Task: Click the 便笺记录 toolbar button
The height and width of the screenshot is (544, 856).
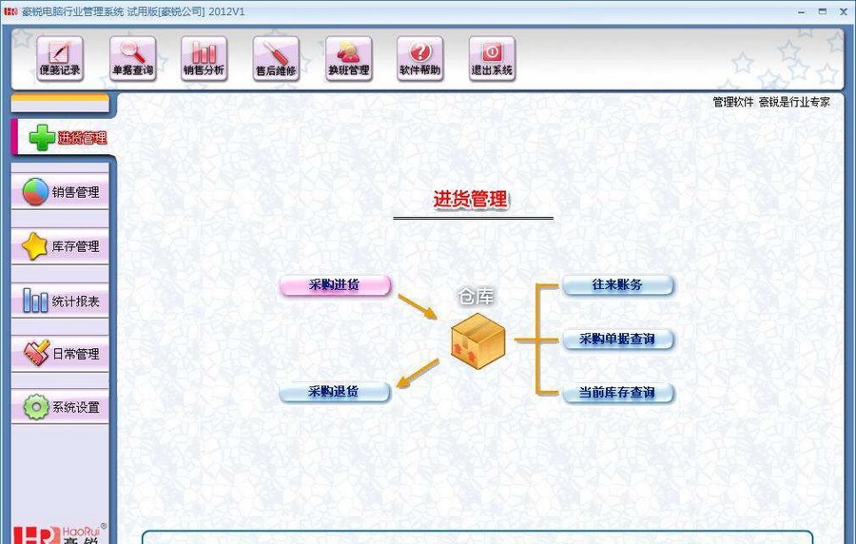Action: click(60, 58)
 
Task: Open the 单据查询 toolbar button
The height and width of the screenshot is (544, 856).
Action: click(132, 58)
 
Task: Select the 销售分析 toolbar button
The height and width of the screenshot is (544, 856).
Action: click(204, 58)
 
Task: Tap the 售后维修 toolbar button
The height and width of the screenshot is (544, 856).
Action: click(276, 58)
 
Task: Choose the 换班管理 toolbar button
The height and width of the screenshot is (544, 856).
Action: click(348, 58)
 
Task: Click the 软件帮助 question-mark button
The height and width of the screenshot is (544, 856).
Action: click(420, 58)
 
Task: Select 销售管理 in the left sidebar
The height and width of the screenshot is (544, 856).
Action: click(61, 192)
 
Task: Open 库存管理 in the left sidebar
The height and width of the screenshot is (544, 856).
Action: click(61, 246)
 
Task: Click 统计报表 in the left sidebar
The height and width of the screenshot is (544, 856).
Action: click(61, 301)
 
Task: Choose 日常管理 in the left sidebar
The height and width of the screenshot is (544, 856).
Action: click(61, 354)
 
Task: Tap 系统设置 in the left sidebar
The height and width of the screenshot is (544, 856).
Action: click(61, 407)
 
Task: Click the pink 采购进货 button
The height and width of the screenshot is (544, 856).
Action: click(335, 285)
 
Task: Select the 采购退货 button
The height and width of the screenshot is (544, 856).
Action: click(335, 392)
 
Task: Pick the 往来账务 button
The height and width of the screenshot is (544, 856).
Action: click(617, 285)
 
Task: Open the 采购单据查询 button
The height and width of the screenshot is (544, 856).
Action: click(617, 339)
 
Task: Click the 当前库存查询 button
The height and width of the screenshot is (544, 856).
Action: click(617, 392)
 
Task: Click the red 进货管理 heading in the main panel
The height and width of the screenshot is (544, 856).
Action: click(471, 200)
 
